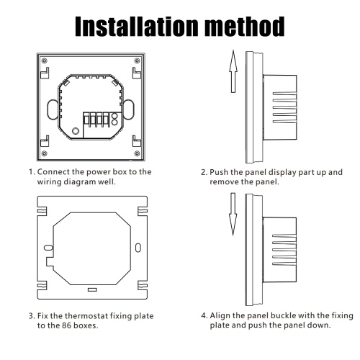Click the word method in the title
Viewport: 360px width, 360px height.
pyautogui.click(x=246, y=27)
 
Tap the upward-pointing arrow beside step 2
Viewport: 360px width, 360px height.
pyautogui.click(x=233, y=71)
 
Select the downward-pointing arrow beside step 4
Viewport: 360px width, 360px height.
pyautogui.click(x=233, y=214)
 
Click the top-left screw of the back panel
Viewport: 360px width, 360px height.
pyautogui.click(x=44, y=60)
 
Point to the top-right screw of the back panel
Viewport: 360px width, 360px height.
pyautogui.click(x=137, y=60)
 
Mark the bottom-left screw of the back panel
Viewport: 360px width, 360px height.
pyautogui.click(x=44, y=153)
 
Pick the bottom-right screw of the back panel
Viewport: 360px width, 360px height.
pyautogui.click(x=137, y=153)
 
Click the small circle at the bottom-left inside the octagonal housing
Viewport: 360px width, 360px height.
pyautogui.click(x=76, y=131)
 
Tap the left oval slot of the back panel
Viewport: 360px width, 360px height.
pyautogui.click(x=53, y=109)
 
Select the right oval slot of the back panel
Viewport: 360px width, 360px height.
pyautogui.click(x=129, y=109)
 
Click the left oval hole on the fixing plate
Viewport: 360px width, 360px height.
pyautogui.click(x=48, y=248)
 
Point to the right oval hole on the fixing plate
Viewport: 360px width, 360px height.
pyautogui.click(x=138, y=248)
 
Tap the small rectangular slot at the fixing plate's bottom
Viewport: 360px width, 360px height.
pyautogui.click(x=92, y=290)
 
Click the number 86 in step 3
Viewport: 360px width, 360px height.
pyautogui.click(x=67, y=325)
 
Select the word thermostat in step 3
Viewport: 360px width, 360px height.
pyautogui.click(x=86, y=316)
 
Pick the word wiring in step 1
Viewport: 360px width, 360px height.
pyautogui.click(x=49, y=182)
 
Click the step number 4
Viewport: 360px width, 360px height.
pyautogui.click(x=204, y=316)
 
